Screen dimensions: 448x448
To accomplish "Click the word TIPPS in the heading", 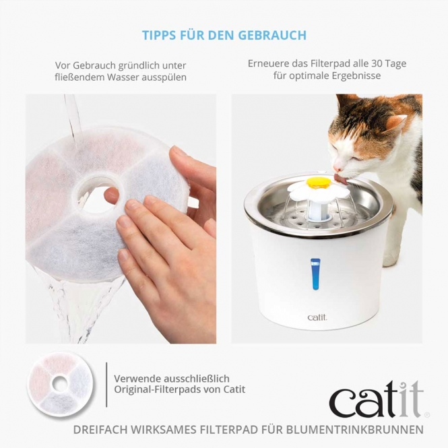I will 158,35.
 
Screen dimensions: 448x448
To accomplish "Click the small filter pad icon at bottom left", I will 60,383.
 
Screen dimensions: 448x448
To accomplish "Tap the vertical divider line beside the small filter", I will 106,384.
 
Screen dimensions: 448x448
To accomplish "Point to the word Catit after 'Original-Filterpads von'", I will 233,389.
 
